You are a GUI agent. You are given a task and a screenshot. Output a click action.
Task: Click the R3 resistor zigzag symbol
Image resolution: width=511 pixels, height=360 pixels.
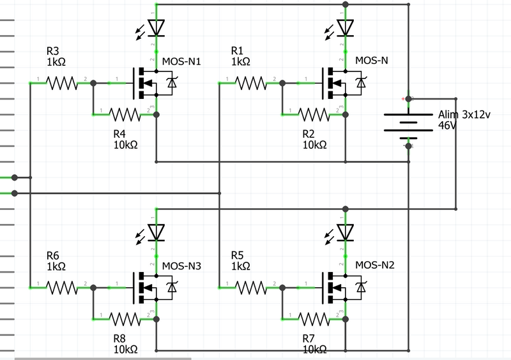(63, 83)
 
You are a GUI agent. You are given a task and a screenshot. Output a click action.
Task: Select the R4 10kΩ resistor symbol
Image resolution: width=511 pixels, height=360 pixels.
(125, 115)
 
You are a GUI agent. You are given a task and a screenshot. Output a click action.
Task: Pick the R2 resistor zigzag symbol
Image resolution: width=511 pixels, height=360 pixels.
(315, 115)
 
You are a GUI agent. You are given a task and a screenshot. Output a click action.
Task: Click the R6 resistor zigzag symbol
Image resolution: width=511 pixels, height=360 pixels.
(63, 287)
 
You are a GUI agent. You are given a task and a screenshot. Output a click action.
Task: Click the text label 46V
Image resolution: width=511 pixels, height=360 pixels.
(448, 126)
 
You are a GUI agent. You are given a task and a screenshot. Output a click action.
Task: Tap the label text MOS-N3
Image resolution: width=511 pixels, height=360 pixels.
(182, 266)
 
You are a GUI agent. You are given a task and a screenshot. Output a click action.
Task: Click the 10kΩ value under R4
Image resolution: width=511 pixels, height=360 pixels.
(125, 145)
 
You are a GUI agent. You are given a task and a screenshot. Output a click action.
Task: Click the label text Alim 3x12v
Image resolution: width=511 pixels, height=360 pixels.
(464, 115)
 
